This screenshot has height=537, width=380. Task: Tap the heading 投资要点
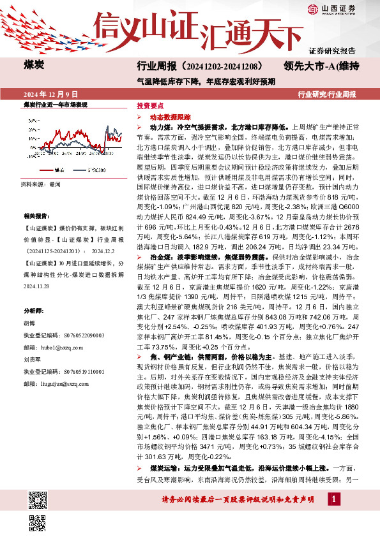click(151, 107)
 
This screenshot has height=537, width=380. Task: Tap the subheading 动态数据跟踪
click(170, 117)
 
